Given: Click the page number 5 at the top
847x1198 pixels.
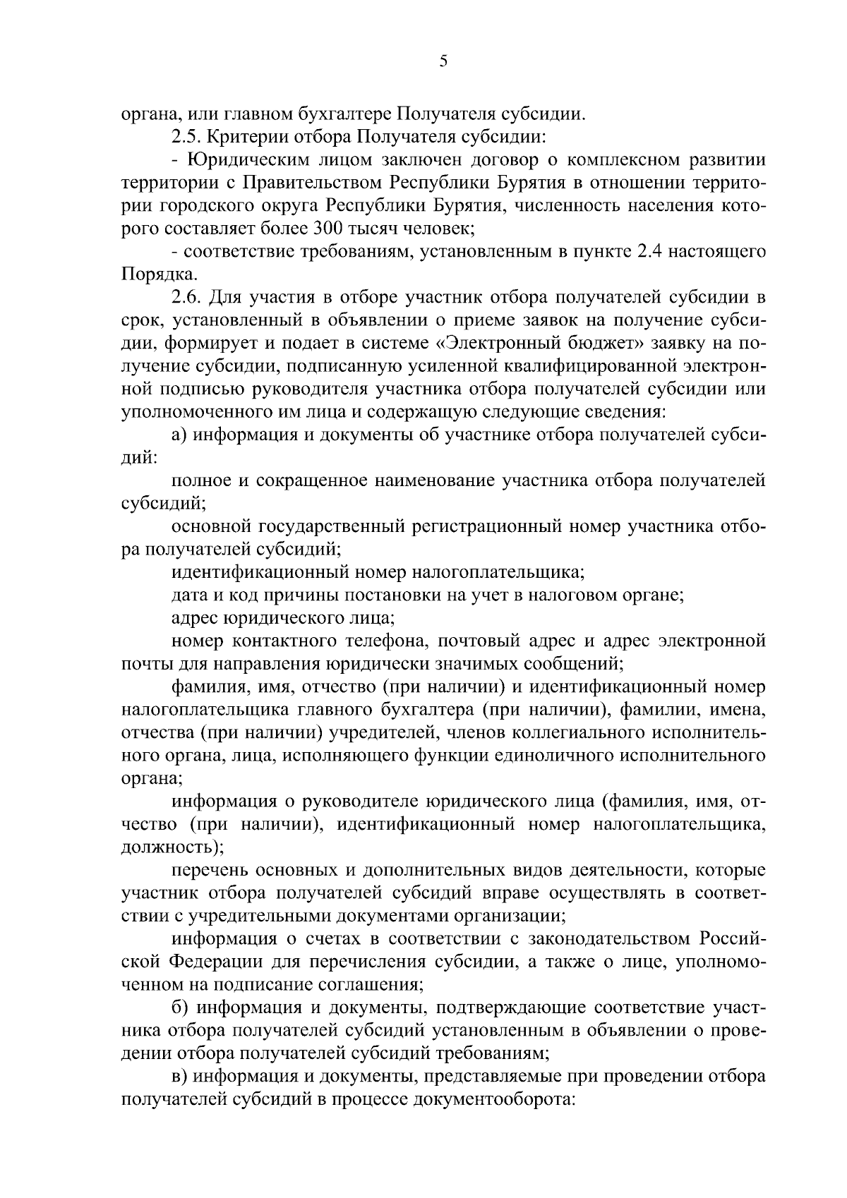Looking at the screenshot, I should click(x=443, y=62).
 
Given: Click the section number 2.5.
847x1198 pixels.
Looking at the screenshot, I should click(x=186, y=137).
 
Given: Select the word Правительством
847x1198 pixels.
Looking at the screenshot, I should click(x=311, y=183).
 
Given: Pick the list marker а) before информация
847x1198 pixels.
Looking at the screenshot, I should click(x=179, y=435).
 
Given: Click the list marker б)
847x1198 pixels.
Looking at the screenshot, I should click(x=179, y=1007).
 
